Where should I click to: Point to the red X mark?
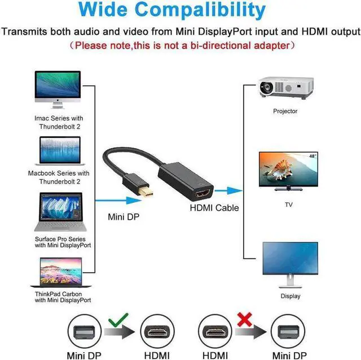point(244,321)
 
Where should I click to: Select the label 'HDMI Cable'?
point(214,208)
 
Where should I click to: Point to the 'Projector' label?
point(285,111)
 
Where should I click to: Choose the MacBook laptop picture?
point(59,150)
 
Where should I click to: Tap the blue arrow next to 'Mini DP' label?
point(116,199)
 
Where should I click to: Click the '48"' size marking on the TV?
point(313,155)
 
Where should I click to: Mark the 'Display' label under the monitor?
point(290,296)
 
